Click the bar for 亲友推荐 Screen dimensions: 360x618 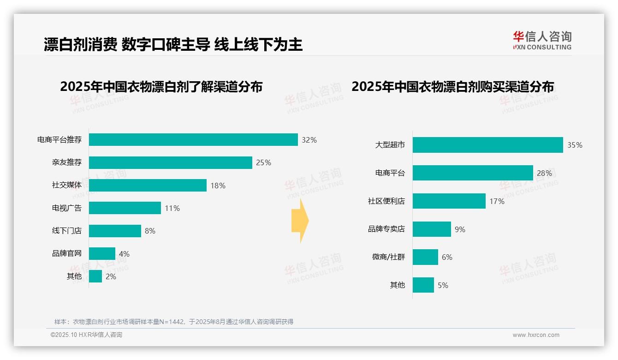(x=170, y=162)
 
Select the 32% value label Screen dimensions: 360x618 (x=309, y=140)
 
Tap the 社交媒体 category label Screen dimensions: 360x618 (x=67, y=185)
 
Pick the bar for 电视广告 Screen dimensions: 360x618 (x=125, y=208)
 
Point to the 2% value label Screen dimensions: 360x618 (x=111, y=276)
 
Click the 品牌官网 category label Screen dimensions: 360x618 (x=67, y=253)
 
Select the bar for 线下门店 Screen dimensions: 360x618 (x=115, y=231)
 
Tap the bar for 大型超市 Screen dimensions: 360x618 (x=487, y=145)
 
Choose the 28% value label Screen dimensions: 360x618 (x=544, y=174)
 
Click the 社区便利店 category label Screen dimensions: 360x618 (x=386, y=201)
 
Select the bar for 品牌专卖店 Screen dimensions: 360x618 (x=432, y=229)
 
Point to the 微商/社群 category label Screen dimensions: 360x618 (x=388, y=257)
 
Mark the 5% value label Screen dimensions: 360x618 (x=443, y=285)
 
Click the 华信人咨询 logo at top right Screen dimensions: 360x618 (x=542, y=40)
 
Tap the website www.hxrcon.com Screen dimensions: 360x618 (x=536, y=335)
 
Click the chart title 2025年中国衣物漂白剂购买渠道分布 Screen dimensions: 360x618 (x=452, y=87)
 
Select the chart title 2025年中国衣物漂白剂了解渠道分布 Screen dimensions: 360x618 (x=161, y=87)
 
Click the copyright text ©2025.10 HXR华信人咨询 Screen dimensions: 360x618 (x=86, y=335)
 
